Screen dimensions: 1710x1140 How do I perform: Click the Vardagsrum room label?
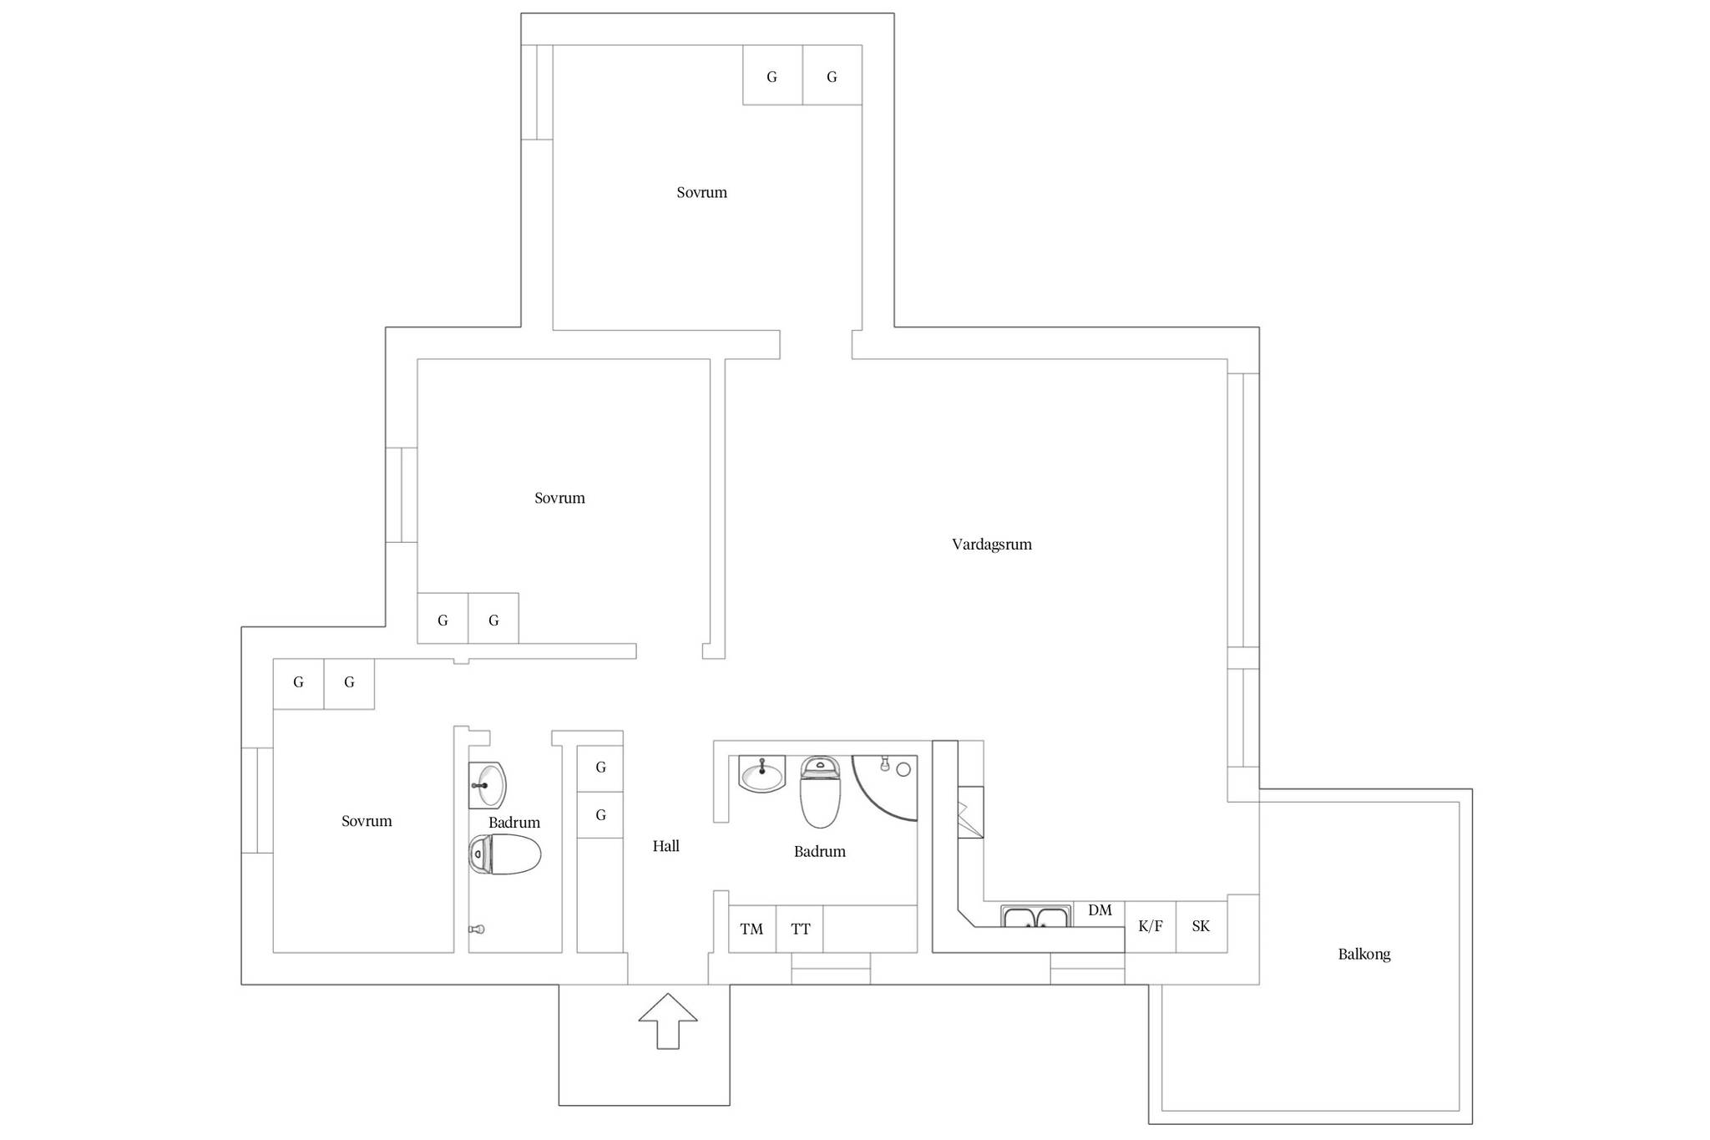(992, 545)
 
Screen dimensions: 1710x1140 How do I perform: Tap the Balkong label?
(1364, 955)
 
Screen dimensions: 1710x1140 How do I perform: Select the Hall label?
(666, 846)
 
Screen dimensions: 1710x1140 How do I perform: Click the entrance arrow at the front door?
(668, 1021)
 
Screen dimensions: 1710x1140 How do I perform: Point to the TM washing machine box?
(752, 929)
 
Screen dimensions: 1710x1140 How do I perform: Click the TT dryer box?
(800, 929)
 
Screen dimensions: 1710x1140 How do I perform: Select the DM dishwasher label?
(1100, 910)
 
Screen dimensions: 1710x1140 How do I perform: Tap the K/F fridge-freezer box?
(1151, 926)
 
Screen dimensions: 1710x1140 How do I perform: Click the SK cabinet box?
(1202, 926)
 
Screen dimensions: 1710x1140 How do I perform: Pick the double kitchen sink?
(1036, 916)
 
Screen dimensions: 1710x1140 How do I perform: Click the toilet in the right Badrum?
(820, 792)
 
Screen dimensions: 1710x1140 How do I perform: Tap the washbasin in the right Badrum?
(762, 773)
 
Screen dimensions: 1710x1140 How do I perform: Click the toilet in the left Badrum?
(504, 854)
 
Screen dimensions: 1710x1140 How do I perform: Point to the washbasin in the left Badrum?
(487, 786)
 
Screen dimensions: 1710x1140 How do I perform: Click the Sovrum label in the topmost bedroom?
(702, 193)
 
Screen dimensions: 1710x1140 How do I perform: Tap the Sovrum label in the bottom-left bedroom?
(367, 821)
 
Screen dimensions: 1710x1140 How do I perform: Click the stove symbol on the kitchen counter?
(970, 813)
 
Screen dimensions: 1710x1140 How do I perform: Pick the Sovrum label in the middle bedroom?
(559, 499)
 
